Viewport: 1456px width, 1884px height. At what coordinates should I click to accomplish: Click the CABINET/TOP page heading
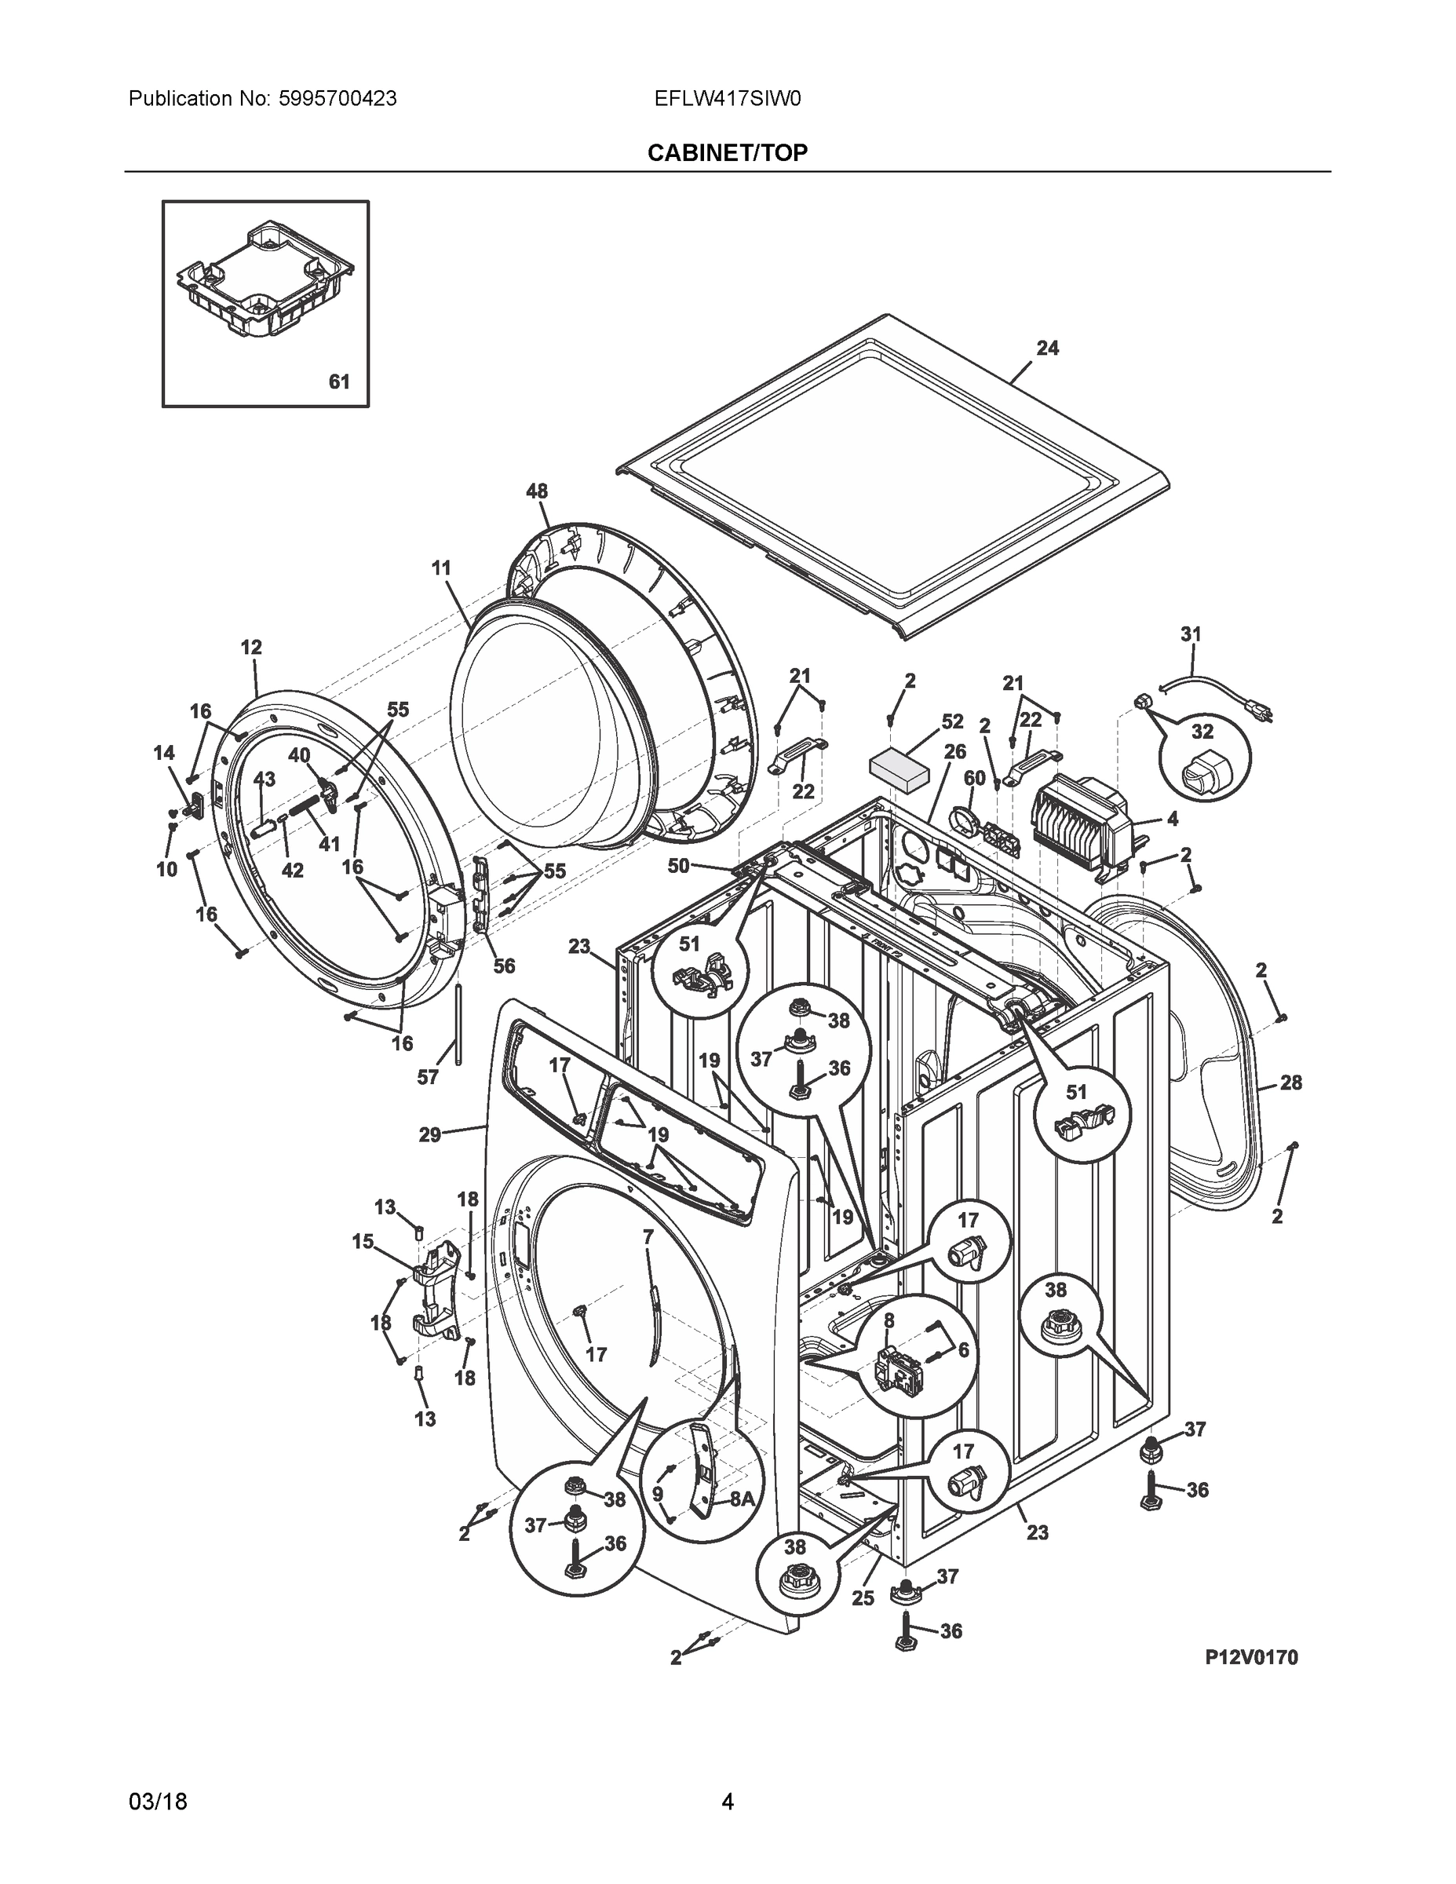coord(727,153)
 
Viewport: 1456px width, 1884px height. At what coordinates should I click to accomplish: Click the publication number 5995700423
coord(338,99)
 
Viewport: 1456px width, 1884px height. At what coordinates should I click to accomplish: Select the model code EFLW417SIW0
coord(727,99)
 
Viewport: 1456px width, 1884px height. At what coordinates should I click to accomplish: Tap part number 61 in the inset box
coord(340,382)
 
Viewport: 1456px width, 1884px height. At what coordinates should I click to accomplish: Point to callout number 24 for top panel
coord(1047,348)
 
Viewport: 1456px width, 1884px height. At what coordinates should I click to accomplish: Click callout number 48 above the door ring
coord(537,491)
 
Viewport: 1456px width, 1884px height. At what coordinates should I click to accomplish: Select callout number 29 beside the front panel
coord(429,1135)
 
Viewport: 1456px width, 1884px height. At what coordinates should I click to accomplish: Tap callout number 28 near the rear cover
coord(1290,1082)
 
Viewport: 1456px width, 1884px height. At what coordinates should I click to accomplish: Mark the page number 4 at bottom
coord(727,1802)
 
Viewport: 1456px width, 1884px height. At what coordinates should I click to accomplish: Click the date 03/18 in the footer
coord(158,1802)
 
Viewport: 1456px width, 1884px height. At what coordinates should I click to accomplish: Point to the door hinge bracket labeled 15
coord(438,1291)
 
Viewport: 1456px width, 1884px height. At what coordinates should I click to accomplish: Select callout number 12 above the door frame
coord(251,647)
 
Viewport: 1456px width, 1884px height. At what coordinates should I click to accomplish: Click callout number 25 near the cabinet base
coord(863,1597)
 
